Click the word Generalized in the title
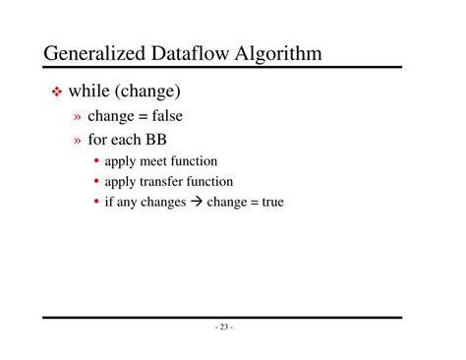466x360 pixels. coord(95,52)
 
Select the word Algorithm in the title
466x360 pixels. coord(279,52)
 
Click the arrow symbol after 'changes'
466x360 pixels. coord(195,203)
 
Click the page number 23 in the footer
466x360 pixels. coord(223,328)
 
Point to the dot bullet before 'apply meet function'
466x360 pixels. coord(96,160)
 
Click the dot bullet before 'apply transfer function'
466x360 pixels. coord(96,181)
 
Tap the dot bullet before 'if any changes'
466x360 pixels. coord(96,203)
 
